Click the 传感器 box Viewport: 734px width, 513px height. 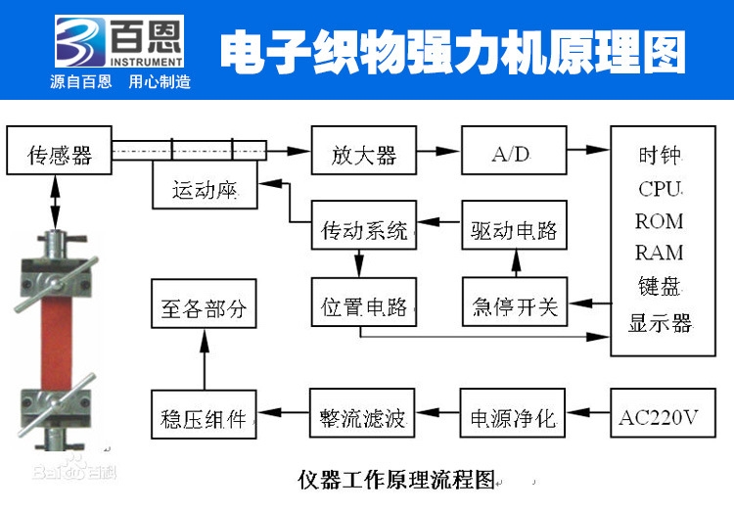[58, 154]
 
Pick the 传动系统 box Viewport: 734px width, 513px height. [364, 230]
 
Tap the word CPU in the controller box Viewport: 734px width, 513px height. [660, 188]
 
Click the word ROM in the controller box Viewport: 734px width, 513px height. [660, 220]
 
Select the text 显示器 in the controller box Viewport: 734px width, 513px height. [660, 323]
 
